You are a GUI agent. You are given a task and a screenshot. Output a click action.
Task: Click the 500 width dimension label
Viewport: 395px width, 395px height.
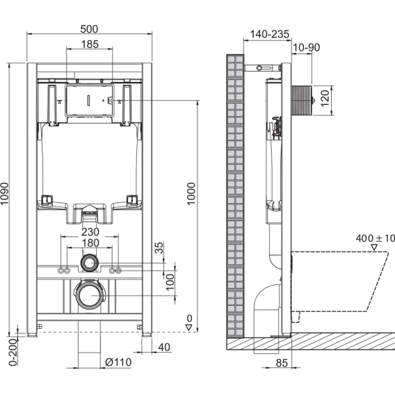click(89, 29)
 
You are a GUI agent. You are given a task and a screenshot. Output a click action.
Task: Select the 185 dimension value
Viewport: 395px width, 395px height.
click(90, 45)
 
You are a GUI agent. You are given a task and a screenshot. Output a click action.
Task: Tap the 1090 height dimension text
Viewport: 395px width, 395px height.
click(5, 194)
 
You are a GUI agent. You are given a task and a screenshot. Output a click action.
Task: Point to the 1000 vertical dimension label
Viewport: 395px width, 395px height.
click(191, 194)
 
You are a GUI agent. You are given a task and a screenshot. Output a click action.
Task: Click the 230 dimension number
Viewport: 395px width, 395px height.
click(90, 232)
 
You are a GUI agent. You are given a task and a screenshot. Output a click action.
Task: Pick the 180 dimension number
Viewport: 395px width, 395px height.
click(90, 243)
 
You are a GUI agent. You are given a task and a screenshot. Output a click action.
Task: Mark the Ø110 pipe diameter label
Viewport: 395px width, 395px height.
click(118, 362)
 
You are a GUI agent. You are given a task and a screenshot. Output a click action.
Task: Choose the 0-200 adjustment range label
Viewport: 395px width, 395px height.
click(13, 352)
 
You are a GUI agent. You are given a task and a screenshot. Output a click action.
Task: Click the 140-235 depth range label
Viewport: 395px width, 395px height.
click(269, 34)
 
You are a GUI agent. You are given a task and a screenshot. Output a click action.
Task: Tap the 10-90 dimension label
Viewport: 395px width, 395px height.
click(306, 47)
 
